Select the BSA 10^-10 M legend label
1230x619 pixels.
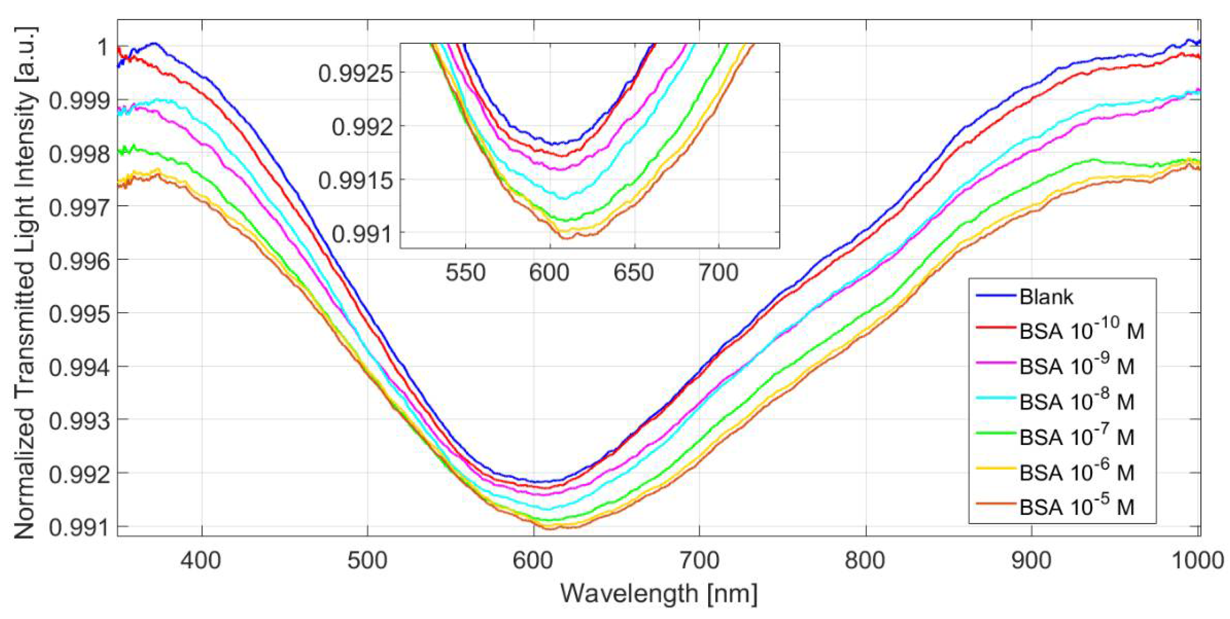(1081, 331)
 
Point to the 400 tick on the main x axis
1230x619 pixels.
(201, 560)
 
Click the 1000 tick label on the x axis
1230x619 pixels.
(1197, 560)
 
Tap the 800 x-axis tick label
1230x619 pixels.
(865, 560)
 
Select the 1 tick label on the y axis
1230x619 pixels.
(102, 48)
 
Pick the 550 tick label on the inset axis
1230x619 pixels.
(465, 273)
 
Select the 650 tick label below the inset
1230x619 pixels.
(634, 273)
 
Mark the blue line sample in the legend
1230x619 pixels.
(995, 296)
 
